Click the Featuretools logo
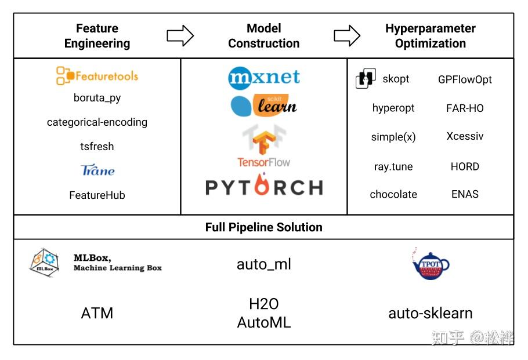click(x=97, y=75)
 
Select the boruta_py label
click(x=97, y=97)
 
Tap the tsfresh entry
click(x=97, y=146)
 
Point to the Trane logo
click(x=97, y=170)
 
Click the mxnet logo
click(x=264, y=77)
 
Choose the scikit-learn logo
click(x=263, y=105)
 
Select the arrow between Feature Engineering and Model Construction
click(x=180, y=36)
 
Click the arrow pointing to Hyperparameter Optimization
click(x=347, y=36)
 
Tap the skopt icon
click(x=366, y=78)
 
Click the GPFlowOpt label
click(x=465, y=79)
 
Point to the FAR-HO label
click(x=465, y=108)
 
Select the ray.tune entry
click(x=393, y=166)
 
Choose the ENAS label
click(x=465, y=194)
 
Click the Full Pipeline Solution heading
click(x=263, y=227)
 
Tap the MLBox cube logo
click(x=45, y=263)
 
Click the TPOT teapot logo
click(x=430, y=265)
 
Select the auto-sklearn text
click(x=430, y=313)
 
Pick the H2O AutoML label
click(x=263, y=313)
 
